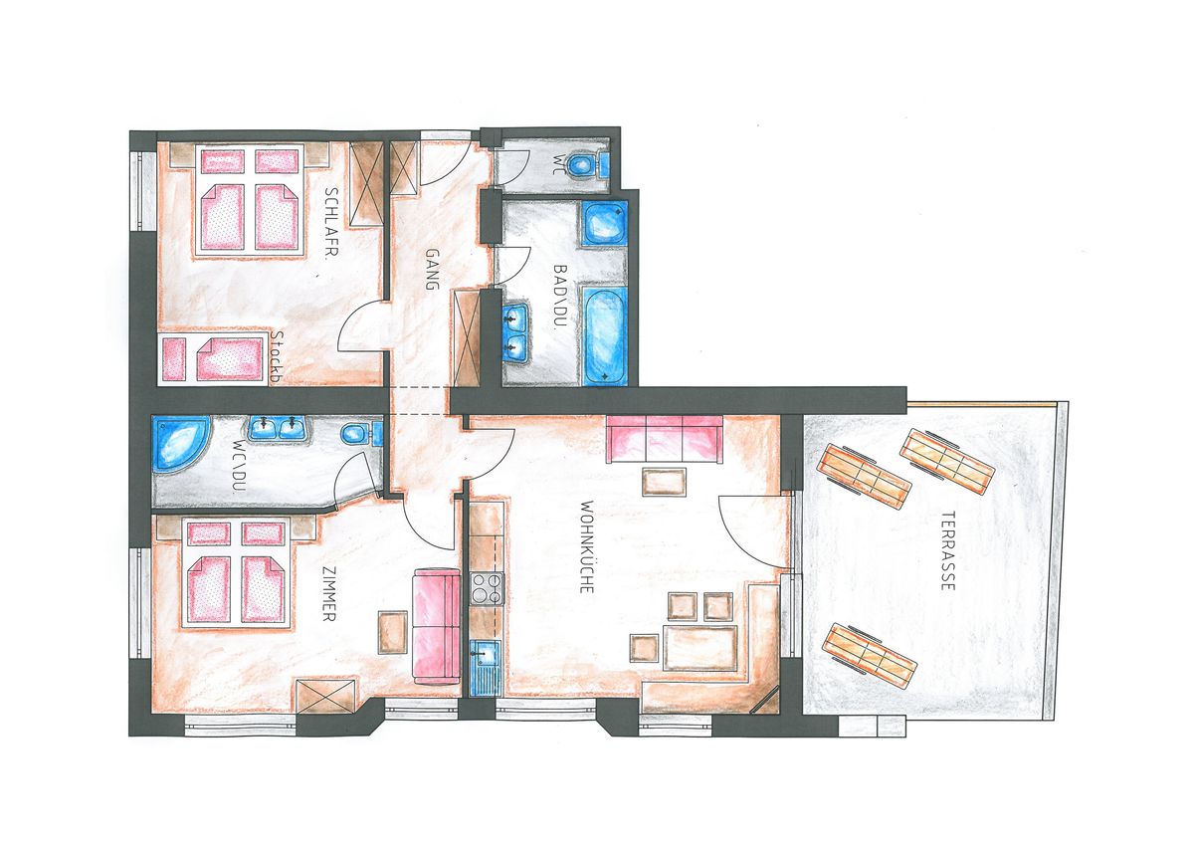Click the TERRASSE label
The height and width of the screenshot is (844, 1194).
point(947,551)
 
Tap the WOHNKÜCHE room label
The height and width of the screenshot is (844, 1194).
point(586,546)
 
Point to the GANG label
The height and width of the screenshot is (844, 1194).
point(431,270)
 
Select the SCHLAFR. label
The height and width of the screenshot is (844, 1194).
point(331,222)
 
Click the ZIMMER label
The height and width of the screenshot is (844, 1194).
point(329,593)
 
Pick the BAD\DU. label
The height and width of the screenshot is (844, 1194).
point(558,298)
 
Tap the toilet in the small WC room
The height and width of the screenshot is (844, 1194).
point(585,164)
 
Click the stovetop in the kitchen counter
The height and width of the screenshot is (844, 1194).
point(488,588)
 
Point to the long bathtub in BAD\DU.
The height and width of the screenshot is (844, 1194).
point(604,334)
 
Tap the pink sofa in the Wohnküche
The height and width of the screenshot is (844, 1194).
point(665,439)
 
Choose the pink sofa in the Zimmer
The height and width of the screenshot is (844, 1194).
point(436,626)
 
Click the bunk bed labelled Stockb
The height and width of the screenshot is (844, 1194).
point(214,358)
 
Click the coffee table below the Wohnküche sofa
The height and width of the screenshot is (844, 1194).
point(665,482)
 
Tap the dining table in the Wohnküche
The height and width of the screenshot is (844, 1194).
point(699,648)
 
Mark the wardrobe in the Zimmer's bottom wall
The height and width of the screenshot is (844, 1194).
point(326,696)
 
